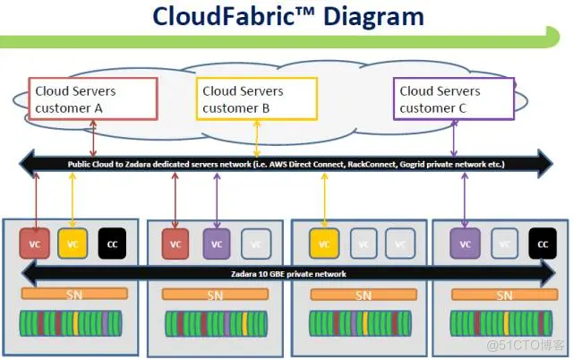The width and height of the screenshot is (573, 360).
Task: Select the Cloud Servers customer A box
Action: click(93, 99)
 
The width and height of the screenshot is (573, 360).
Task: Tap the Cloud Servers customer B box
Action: click(257, 99)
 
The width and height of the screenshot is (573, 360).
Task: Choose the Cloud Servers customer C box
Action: click(454, 99)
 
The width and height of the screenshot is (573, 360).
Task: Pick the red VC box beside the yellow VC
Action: click(35, 243)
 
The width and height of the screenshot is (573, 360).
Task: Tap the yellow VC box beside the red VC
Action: click(72, 243)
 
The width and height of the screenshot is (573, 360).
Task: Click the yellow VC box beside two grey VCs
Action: click(324, 243)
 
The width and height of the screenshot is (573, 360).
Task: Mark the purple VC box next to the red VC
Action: click(216, 243)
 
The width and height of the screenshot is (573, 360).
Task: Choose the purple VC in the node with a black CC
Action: click(465, 243)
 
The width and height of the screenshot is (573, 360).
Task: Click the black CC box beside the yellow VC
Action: click(112, 243)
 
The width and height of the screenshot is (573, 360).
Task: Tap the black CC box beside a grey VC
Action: click(542, 243)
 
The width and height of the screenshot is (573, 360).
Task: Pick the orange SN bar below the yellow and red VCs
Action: click(72, 295)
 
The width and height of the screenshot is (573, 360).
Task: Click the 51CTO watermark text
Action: click(527, 344)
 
